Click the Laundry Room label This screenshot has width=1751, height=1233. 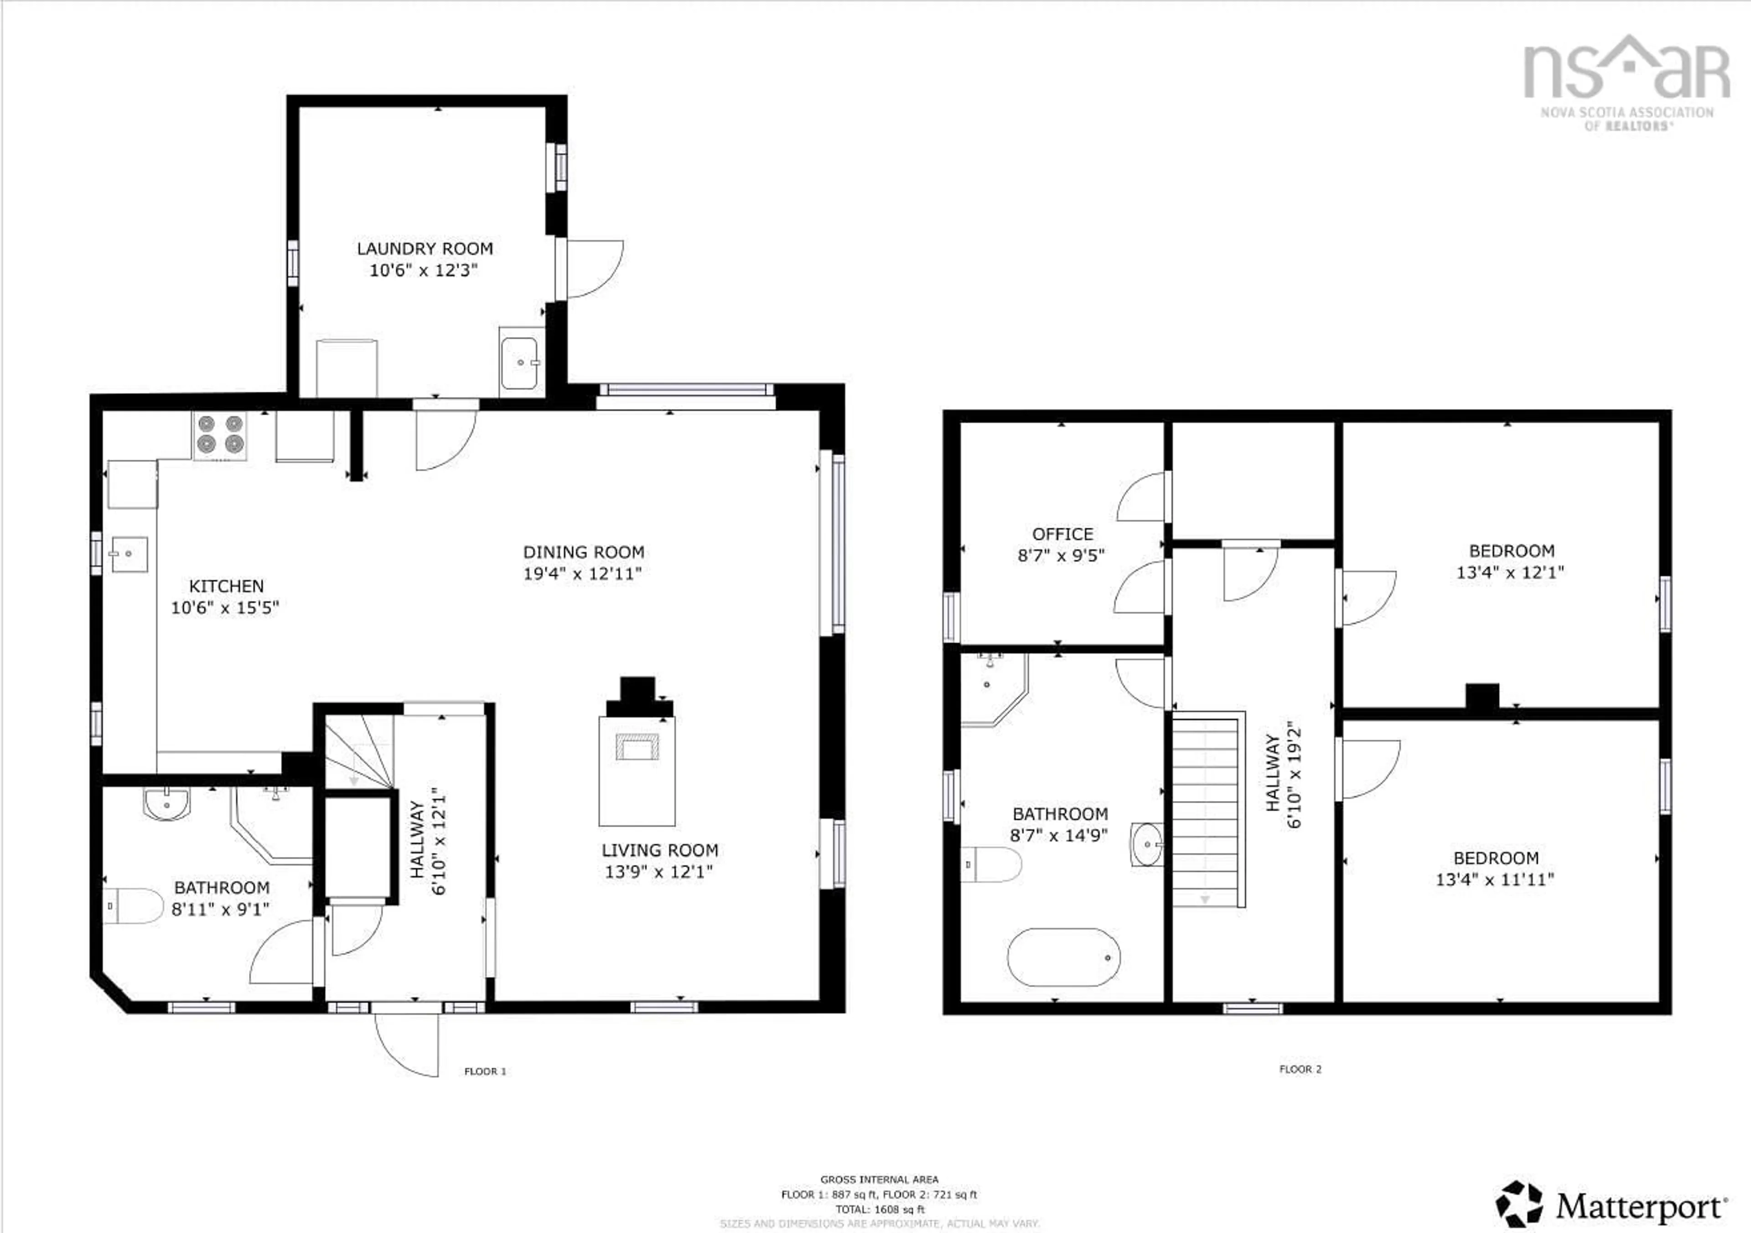425,249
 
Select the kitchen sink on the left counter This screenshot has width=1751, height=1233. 129,554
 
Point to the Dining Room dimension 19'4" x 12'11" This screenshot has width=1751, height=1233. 583,574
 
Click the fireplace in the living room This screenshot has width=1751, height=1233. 637,752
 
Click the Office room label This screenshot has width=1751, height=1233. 1062,534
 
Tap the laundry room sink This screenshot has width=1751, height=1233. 522,363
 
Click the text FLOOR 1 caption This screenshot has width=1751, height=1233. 485,1071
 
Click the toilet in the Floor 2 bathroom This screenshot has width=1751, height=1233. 991,864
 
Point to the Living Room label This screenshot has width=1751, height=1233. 660,850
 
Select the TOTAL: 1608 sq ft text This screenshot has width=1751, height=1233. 879,1209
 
